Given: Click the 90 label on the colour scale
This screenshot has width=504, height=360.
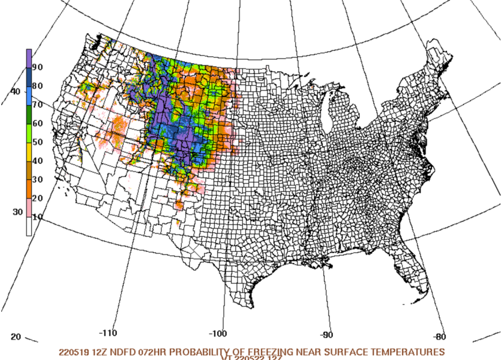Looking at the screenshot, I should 37,67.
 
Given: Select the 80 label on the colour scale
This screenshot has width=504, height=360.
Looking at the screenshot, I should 37,86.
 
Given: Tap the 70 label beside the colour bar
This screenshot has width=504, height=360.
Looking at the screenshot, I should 37,104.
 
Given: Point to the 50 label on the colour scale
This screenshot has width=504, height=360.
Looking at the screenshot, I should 37,142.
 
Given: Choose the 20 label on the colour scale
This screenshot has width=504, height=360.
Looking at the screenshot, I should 37,198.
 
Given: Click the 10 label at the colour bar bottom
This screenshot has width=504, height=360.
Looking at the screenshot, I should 37,217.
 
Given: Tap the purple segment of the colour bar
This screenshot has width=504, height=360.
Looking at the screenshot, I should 29,58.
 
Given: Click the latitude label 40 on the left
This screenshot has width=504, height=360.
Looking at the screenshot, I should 15,91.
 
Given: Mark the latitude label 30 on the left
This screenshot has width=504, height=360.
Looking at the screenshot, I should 17,212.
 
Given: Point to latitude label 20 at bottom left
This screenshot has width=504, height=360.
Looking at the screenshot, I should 16,337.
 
